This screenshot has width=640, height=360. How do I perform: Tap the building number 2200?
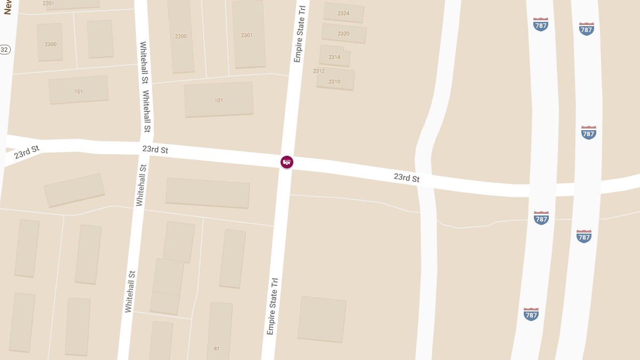tap(181, 36)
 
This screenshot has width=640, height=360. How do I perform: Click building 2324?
tap(343, 13)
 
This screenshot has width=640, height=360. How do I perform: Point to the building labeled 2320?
tap(343, 34)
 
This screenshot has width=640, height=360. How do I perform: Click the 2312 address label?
tap(319, 71)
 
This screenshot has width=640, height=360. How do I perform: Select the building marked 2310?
tap(334, 82)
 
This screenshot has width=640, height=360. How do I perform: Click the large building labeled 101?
tap(219, 100)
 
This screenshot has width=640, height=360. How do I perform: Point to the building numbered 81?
tap(217, 349)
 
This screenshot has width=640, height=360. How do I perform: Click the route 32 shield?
tap(4, 50)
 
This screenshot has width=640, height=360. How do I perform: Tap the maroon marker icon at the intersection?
tap(287, 162)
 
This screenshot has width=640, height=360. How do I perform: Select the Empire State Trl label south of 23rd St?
tap(273, 306)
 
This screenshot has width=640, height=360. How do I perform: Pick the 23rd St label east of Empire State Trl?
tap(407, 177)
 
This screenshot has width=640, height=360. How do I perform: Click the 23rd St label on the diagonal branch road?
tap(26, 151)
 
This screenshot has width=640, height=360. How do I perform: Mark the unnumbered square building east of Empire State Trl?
tap(322, 319)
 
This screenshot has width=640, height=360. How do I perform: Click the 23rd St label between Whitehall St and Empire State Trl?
tap(155, 149)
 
